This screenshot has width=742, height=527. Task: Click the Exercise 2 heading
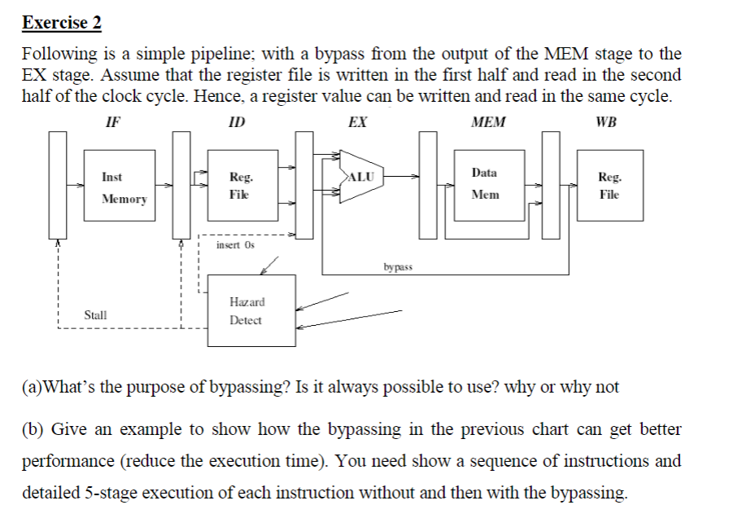[62, 22]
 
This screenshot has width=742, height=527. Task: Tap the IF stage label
[112, 122]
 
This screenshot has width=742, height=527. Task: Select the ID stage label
[237, 122]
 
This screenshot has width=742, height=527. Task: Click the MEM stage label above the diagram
[488, 122]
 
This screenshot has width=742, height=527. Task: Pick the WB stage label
[606, 122]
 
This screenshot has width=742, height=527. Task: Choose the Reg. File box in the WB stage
[609, 186]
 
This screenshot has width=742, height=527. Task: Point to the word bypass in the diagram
[398, 266]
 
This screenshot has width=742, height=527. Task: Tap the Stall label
[96, 314]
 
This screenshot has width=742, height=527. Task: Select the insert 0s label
[236, 244]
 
